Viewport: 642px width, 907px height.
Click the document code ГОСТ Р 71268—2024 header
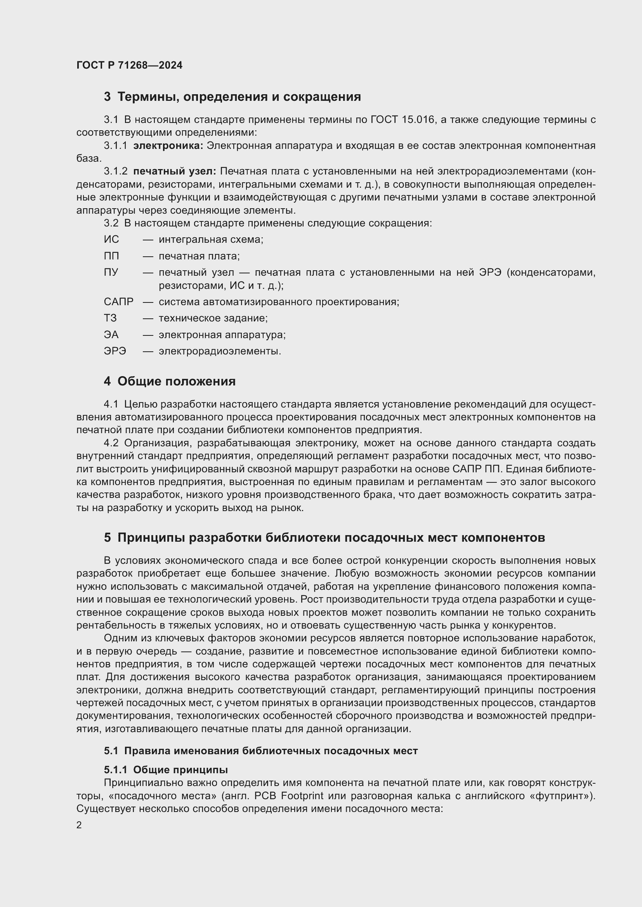tap(129, 65)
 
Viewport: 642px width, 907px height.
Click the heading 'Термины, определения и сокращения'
tap(239, 97)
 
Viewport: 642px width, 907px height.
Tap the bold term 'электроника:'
tap(168, 146)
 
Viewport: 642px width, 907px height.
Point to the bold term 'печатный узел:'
tap(174, 171)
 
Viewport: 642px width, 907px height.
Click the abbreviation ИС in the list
tap(111, 239)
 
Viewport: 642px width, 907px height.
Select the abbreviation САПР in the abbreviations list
tap(119, 302)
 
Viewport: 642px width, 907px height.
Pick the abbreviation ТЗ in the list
tap(110, 318)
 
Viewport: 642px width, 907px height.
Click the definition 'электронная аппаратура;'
tap(222, 335)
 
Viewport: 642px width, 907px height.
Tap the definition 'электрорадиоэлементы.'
tap(220, 351)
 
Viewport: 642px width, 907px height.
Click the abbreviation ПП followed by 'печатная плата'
tap(111, 256)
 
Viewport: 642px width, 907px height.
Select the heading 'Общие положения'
tap(176, 381)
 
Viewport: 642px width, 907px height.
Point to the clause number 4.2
tap(111, 443)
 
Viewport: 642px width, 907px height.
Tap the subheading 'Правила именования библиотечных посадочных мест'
tap(271, 751)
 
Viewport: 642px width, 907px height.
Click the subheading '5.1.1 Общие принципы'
tap(166, 770)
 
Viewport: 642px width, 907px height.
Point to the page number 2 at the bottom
tap(79, 825)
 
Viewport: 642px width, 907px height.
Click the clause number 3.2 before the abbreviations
tap(111, 223)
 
